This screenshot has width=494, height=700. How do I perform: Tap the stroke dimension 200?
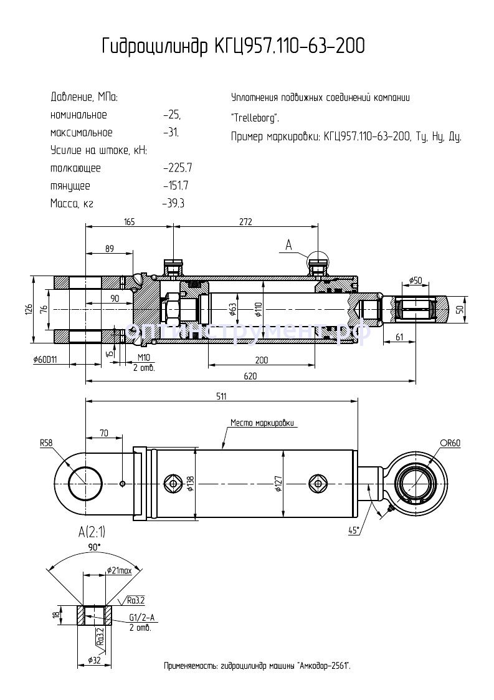pyautogui.click(x=261, y=360)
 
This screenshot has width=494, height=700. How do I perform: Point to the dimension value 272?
pyautogui.click(x=245, y=221)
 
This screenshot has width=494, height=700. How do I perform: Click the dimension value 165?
pyautogui.click(x=129, y=221)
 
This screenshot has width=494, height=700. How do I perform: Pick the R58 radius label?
pyautogui.click(x=46, y=443)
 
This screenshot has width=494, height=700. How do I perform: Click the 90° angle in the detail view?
pyautogui.click(x=93, y=547)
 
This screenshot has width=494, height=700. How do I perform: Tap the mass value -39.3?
pyautogui.click(x=173, y=203)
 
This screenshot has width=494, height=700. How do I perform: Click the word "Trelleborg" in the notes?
pyautogui.click(x=255, y=117)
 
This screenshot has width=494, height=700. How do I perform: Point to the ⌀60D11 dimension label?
pyautogui.click(x=47, y=360)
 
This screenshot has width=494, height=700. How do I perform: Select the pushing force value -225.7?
pyautogui.click(x=177, y=168)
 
